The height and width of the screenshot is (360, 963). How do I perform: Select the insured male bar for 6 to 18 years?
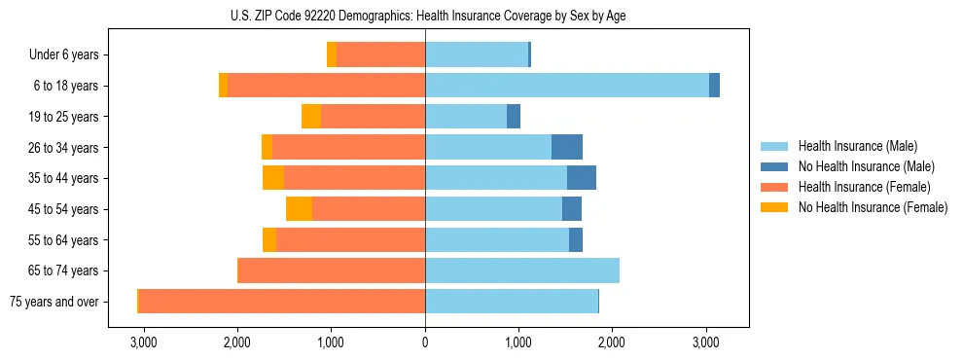567,86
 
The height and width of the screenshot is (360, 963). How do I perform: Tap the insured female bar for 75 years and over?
282,302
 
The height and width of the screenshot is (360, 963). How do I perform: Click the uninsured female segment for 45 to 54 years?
299,209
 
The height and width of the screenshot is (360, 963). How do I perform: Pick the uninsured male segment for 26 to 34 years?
567,148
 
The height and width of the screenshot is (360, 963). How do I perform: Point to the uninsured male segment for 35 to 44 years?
582,178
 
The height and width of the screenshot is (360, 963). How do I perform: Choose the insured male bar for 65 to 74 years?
522,270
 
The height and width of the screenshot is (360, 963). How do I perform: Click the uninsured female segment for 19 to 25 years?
311,117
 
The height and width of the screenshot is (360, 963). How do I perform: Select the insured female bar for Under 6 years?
380,55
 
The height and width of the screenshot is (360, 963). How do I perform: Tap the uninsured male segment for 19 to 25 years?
514,117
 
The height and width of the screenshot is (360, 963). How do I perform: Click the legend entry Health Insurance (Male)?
857,146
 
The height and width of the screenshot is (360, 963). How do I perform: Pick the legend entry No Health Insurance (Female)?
873,207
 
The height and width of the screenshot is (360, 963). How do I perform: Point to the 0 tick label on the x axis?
425,343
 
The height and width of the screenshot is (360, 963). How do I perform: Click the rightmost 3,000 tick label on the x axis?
705,343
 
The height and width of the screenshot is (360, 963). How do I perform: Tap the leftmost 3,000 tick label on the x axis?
143,343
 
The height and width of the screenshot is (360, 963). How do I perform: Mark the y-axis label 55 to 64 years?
65,240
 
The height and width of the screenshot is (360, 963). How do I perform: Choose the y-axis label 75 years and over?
53,302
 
